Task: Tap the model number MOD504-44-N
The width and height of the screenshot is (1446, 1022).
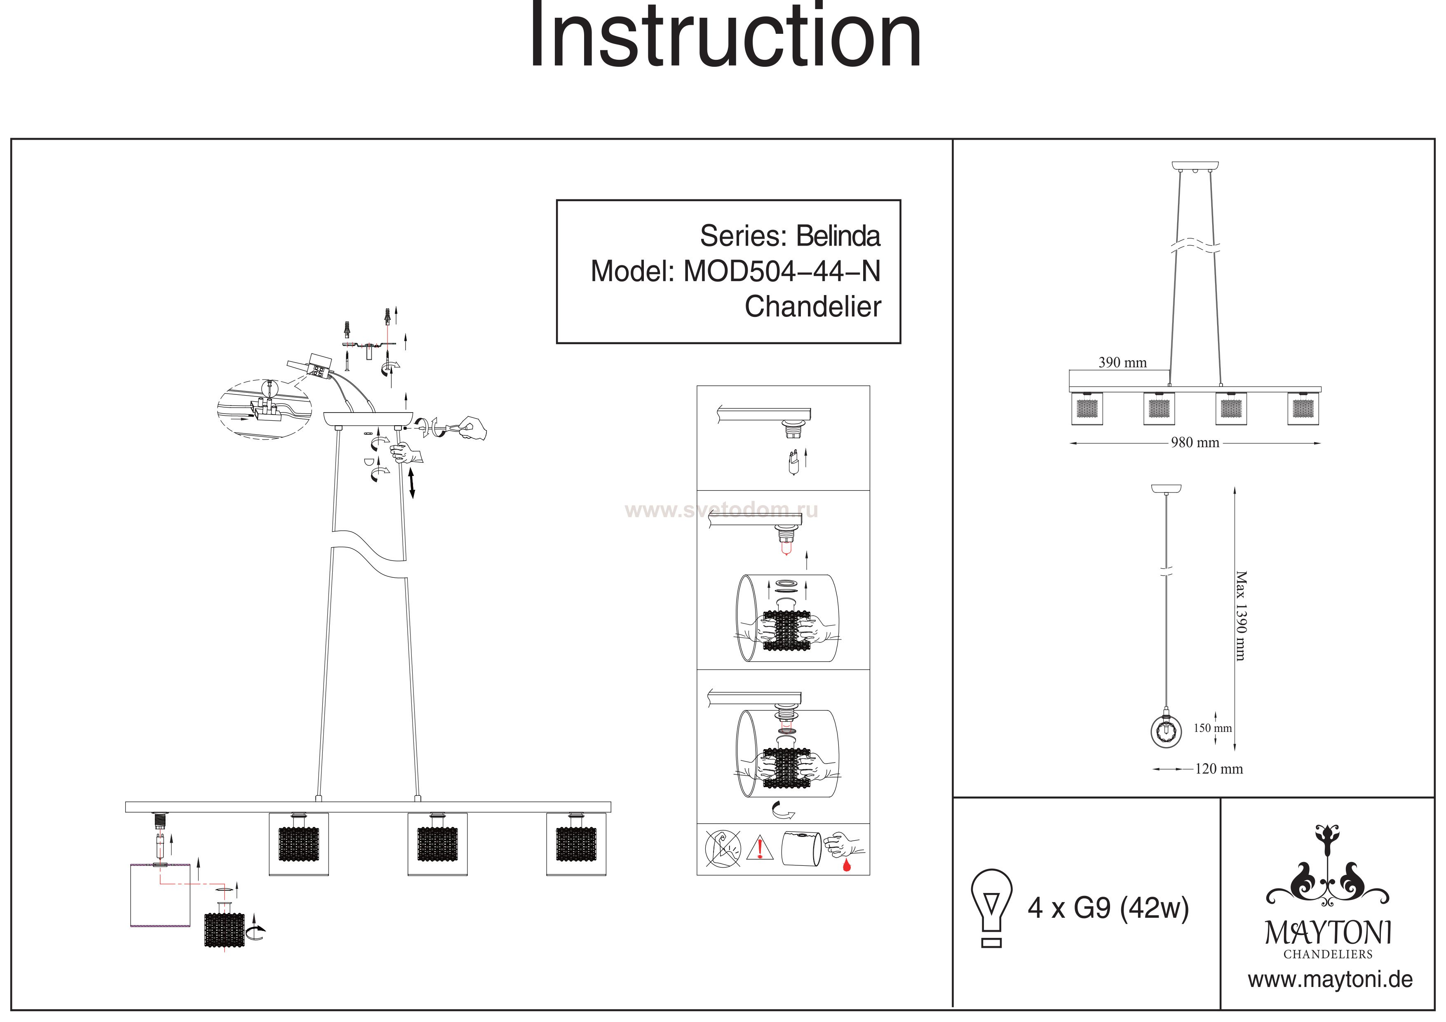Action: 782,272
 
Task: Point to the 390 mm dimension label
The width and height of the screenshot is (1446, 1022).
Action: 1122,363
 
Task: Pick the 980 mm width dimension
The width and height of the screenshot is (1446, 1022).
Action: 1195,443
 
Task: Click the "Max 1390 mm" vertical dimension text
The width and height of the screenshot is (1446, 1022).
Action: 1241,616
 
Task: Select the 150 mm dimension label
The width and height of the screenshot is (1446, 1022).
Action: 1212,728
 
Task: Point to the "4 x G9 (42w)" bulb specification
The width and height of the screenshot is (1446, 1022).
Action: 1108,909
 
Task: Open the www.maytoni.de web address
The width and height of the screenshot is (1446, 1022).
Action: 1330,980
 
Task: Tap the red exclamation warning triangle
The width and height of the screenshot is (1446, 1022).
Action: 760,848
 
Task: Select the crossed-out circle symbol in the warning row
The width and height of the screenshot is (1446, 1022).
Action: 722,848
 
